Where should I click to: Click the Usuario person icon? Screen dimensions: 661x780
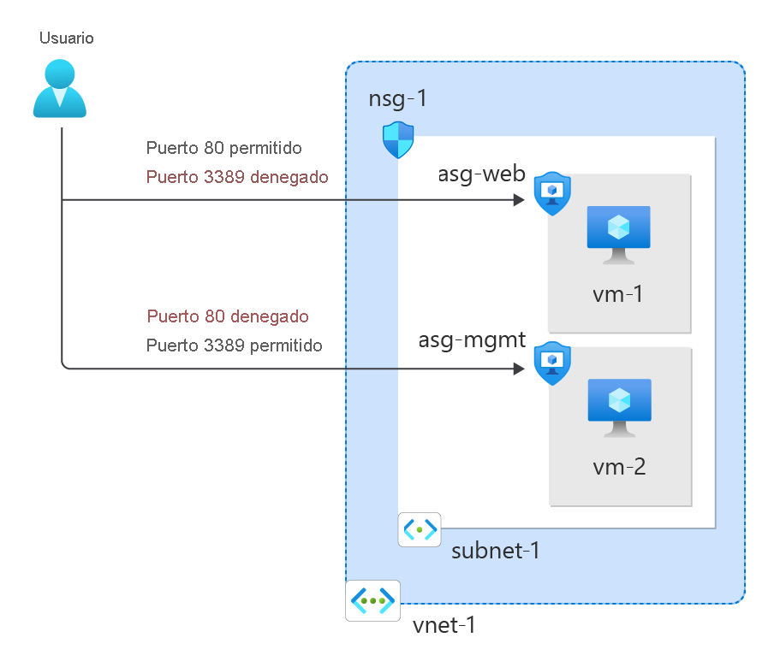(x=60, y=89)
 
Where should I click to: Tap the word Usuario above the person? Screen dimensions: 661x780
(x=67, y=38)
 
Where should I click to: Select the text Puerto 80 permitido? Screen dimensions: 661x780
(x=223, y=148)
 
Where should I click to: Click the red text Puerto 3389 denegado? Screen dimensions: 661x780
(x=237, y=177)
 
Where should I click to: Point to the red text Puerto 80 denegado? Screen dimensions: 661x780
(x=228, y=316)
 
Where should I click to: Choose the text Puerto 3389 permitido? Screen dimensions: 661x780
(x=234, y=345)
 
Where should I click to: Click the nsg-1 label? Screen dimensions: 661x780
(x=397, y=98)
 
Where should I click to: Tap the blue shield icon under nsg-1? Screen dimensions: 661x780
(x=398, y=140)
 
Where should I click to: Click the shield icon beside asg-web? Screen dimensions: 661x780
(x=552, y=193)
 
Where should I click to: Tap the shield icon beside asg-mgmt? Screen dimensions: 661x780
(x=552, y=363)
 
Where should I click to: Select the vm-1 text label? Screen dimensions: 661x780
(x=618, y=295)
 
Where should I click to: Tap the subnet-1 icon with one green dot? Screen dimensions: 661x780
(x=420, y=530)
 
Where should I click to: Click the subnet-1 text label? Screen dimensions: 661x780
(x=495, y=549)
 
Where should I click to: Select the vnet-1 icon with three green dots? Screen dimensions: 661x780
(x=373, y=601)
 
